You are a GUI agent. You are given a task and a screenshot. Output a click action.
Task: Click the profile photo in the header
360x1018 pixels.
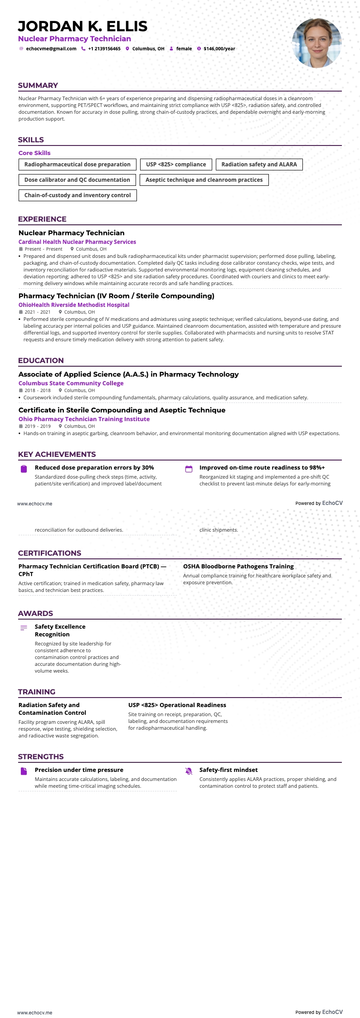click(316, 43)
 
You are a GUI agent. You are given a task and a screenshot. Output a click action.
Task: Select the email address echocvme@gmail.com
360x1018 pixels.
click(51, 49)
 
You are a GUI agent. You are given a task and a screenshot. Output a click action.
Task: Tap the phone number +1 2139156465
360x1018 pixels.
click(104, 49)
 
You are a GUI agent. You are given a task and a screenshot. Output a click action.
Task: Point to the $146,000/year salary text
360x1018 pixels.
click(219, 49)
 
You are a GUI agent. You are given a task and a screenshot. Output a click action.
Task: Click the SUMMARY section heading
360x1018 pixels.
click(38, 85)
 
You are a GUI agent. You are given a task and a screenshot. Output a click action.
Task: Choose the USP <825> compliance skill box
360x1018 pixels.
click(176, 165)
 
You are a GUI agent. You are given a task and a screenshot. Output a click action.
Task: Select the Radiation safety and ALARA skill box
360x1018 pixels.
click(259, 165)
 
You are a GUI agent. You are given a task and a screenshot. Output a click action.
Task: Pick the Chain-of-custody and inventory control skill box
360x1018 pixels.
click(78, 195)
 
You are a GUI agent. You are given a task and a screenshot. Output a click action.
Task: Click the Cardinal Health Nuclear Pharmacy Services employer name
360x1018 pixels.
click(77, 242)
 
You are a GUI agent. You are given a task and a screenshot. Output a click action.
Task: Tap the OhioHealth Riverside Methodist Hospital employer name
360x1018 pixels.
click(74, 305)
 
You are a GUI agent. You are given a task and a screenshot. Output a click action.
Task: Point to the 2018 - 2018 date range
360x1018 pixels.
click(38, 390)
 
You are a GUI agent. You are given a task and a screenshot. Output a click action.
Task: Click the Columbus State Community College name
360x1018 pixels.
click(71, 383)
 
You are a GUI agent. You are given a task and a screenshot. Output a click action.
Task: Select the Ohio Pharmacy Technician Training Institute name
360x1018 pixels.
click(84, 419)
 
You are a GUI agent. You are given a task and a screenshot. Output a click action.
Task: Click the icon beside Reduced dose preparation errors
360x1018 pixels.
click(24, 469)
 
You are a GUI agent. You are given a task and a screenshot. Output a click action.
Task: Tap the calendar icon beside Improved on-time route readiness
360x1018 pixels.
click(189, 469)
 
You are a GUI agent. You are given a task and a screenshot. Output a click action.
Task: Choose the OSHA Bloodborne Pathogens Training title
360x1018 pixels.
click(238, 567)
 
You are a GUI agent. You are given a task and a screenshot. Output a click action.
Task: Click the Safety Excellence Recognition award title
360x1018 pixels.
click(60, 630)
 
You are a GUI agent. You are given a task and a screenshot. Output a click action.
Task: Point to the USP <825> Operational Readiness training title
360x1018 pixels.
click(177, 705)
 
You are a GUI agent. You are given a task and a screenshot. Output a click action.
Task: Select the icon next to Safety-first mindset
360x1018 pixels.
click(189, 771)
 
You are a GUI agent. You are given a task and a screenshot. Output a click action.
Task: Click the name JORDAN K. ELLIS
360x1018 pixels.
click(83, 26)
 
